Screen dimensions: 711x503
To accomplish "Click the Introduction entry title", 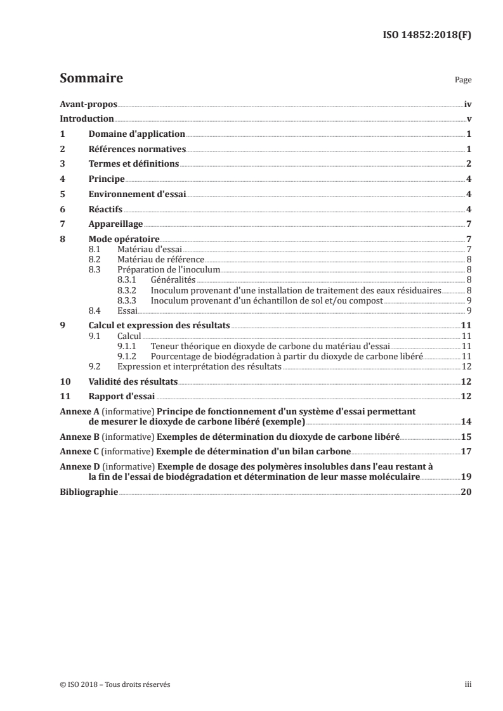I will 86,119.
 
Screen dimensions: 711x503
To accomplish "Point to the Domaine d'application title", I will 136,134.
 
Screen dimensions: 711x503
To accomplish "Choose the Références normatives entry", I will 136,150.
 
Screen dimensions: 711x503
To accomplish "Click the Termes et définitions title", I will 134,164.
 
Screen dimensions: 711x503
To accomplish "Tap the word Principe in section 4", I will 107,179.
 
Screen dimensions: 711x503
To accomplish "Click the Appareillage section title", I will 115,224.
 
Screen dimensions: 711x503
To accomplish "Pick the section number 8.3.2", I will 128,290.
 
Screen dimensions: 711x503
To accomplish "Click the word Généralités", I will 173,279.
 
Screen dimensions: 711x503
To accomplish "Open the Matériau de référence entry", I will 161,260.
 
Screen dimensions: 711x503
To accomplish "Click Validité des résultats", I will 133,382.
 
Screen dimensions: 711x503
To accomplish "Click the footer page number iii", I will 468,684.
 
